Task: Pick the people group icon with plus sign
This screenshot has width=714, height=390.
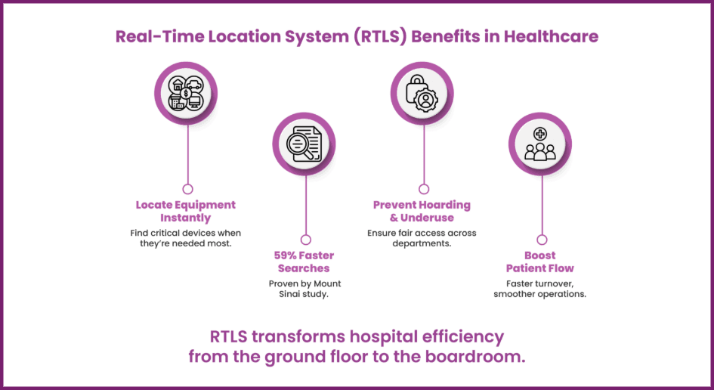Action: coord(540,144)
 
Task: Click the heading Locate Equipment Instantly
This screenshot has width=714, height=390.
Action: coord(186,211)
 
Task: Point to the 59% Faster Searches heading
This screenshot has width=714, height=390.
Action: coord(304,262)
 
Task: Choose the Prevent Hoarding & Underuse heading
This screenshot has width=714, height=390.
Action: coord(422,211)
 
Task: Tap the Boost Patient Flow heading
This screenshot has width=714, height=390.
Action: coord(540,262)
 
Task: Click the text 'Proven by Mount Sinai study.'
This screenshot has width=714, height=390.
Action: coord(304,289)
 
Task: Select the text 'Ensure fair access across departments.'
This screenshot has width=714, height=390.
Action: coord(422,238)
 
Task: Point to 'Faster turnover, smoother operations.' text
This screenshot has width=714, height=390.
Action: coord(540,289)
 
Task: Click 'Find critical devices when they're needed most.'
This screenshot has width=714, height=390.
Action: coord(186,238)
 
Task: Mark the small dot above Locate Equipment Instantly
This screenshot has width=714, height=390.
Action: coord(187,189)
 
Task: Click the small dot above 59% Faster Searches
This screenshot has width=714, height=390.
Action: coord(305,240)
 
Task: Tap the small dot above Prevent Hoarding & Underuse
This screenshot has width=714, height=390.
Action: coord(424,189)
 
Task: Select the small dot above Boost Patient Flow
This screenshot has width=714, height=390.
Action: coord(542,240)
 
